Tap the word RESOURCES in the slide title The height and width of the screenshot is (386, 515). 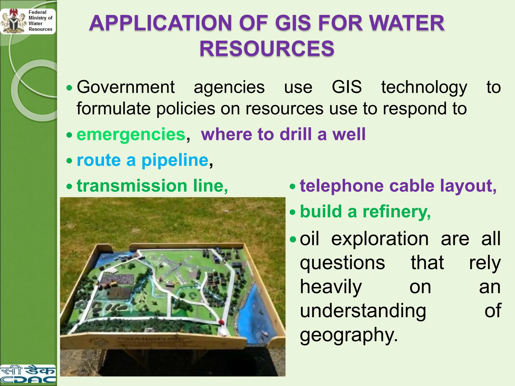point(267,49)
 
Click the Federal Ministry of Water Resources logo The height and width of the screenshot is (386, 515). point(28,21)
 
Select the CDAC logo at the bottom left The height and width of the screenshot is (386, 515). point(28,374)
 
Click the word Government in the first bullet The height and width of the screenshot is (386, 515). point(126,87)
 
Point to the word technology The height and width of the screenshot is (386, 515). point(424,87)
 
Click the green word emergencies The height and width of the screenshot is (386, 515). point(131,134)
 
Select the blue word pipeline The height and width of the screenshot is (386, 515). point(175,160)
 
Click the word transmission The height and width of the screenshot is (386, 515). point(132,186)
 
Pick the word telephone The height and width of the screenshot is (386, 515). point(342,186)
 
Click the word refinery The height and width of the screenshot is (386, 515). point(397,212)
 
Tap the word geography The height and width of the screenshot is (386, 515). point(349,335)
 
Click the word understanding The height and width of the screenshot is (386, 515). point(363,311)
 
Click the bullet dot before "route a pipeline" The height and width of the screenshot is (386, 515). point(69,161)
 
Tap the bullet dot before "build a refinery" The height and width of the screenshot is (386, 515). point(292,213)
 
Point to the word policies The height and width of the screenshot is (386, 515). point(186,109)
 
